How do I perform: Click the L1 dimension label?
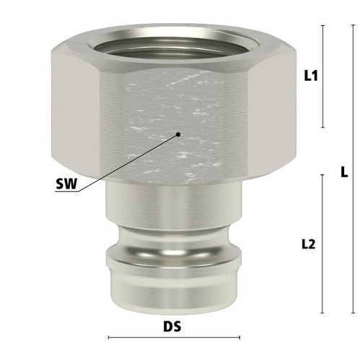tap(311, 76)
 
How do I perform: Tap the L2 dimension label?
tap(309, 245)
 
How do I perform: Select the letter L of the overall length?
tap(344, 173)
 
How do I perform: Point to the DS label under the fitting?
tap(172, 326)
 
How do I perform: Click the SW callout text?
tap(66, 184)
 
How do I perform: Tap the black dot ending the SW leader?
tap(178, 134)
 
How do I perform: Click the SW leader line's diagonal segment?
tap(128, 163)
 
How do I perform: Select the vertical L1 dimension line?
tap(322, 77)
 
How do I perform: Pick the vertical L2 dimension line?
tap(322, 244)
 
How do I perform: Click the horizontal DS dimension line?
tap(174, 337)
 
